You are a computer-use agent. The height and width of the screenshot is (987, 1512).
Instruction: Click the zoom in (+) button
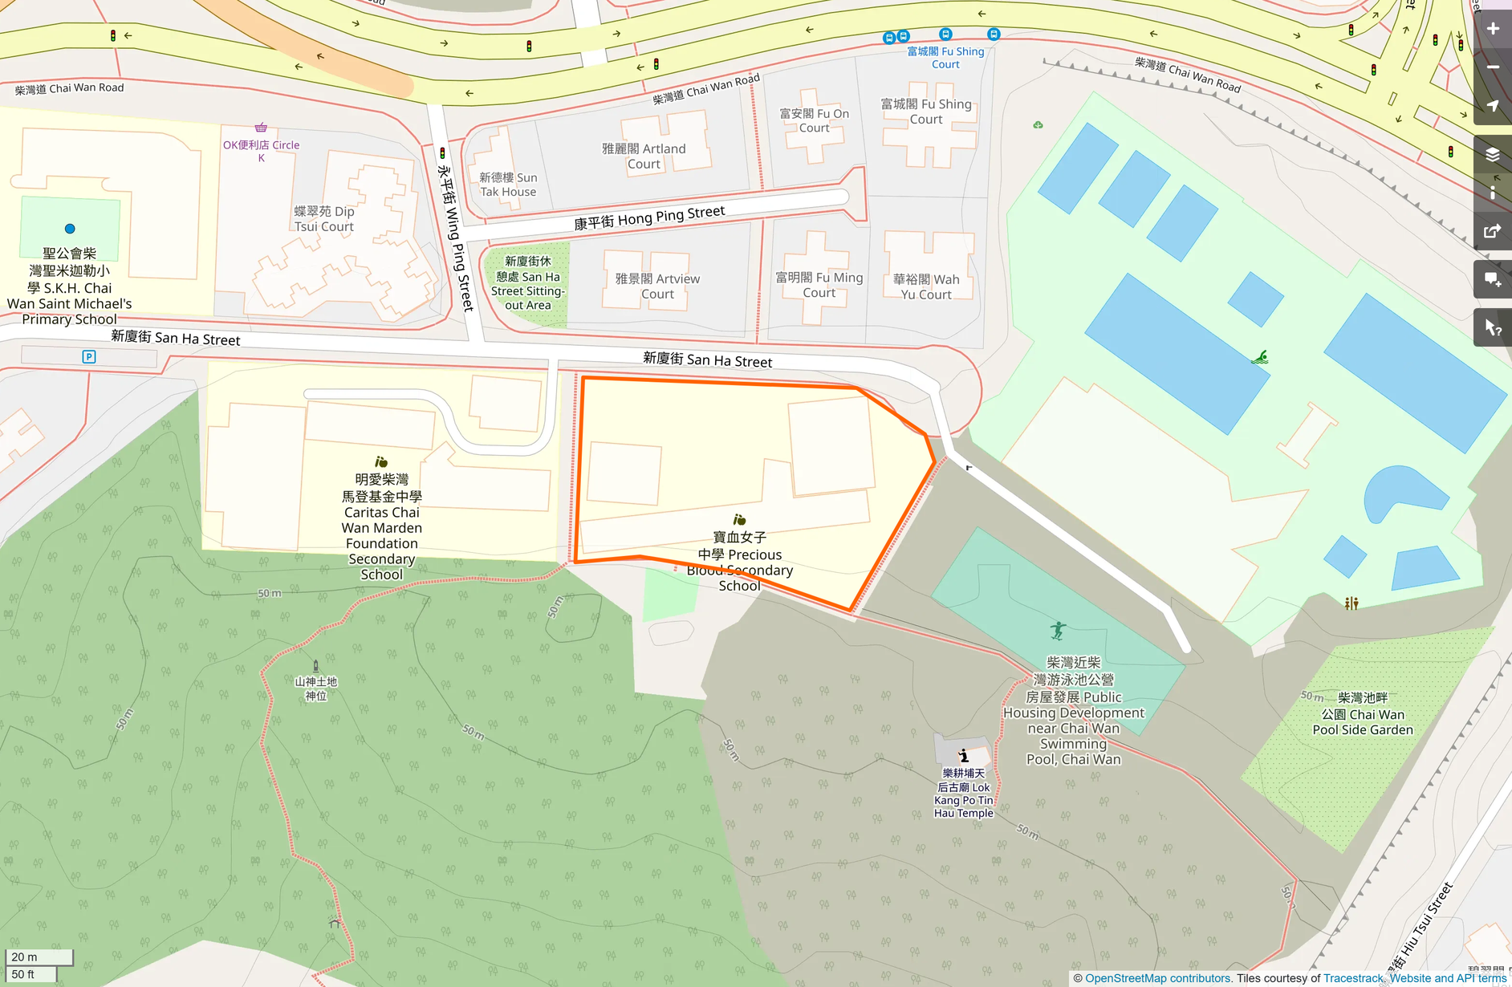[x=1493, y=29]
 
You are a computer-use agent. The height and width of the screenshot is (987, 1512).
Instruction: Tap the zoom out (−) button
[x=1493, y=67]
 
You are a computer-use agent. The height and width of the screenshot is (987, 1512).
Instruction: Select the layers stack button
[x=1493, y=155]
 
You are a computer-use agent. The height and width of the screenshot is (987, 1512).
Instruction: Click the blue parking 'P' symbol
[x=89, y=357]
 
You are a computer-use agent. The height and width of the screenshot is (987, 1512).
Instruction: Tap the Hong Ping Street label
[x=649, y=217]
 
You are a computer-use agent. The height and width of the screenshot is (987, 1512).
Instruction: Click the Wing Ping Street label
[x=455, y=238]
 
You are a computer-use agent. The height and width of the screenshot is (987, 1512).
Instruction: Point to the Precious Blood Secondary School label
[x=739, y=562]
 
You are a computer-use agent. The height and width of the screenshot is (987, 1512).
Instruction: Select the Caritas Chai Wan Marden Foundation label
[x=382, y=527]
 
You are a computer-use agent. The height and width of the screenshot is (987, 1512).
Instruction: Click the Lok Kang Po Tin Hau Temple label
[x=964, y=794]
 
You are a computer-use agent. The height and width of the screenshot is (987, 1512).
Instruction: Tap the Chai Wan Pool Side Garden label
[x=1363, y=714]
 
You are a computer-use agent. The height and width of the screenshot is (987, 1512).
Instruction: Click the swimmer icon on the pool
[x=1260, y=358]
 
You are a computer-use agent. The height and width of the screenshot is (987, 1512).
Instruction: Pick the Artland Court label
[x=644, y=156]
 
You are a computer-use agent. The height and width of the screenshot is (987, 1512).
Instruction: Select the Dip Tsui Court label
[x=324, y=219]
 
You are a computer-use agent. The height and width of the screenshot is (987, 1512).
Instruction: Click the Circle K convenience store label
[x=262, y=150]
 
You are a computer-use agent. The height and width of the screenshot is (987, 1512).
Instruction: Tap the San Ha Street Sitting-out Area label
[x=527, y=283]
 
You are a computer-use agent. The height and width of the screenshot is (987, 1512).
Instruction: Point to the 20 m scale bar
[x=39, y=957]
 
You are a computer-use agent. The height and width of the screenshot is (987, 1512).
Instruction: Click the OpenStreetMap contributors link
[x=1157, y=978]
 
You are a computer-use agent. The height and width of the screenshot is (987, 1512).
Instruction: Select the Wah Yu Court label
[x=926, y=286]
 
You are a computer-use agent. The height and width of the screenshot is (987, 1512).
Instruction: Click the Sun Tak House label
[x=508, y=185]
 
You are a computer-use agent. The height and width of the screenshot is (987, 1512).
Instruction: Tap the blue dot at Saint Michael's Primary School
[x=70, y=229]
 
